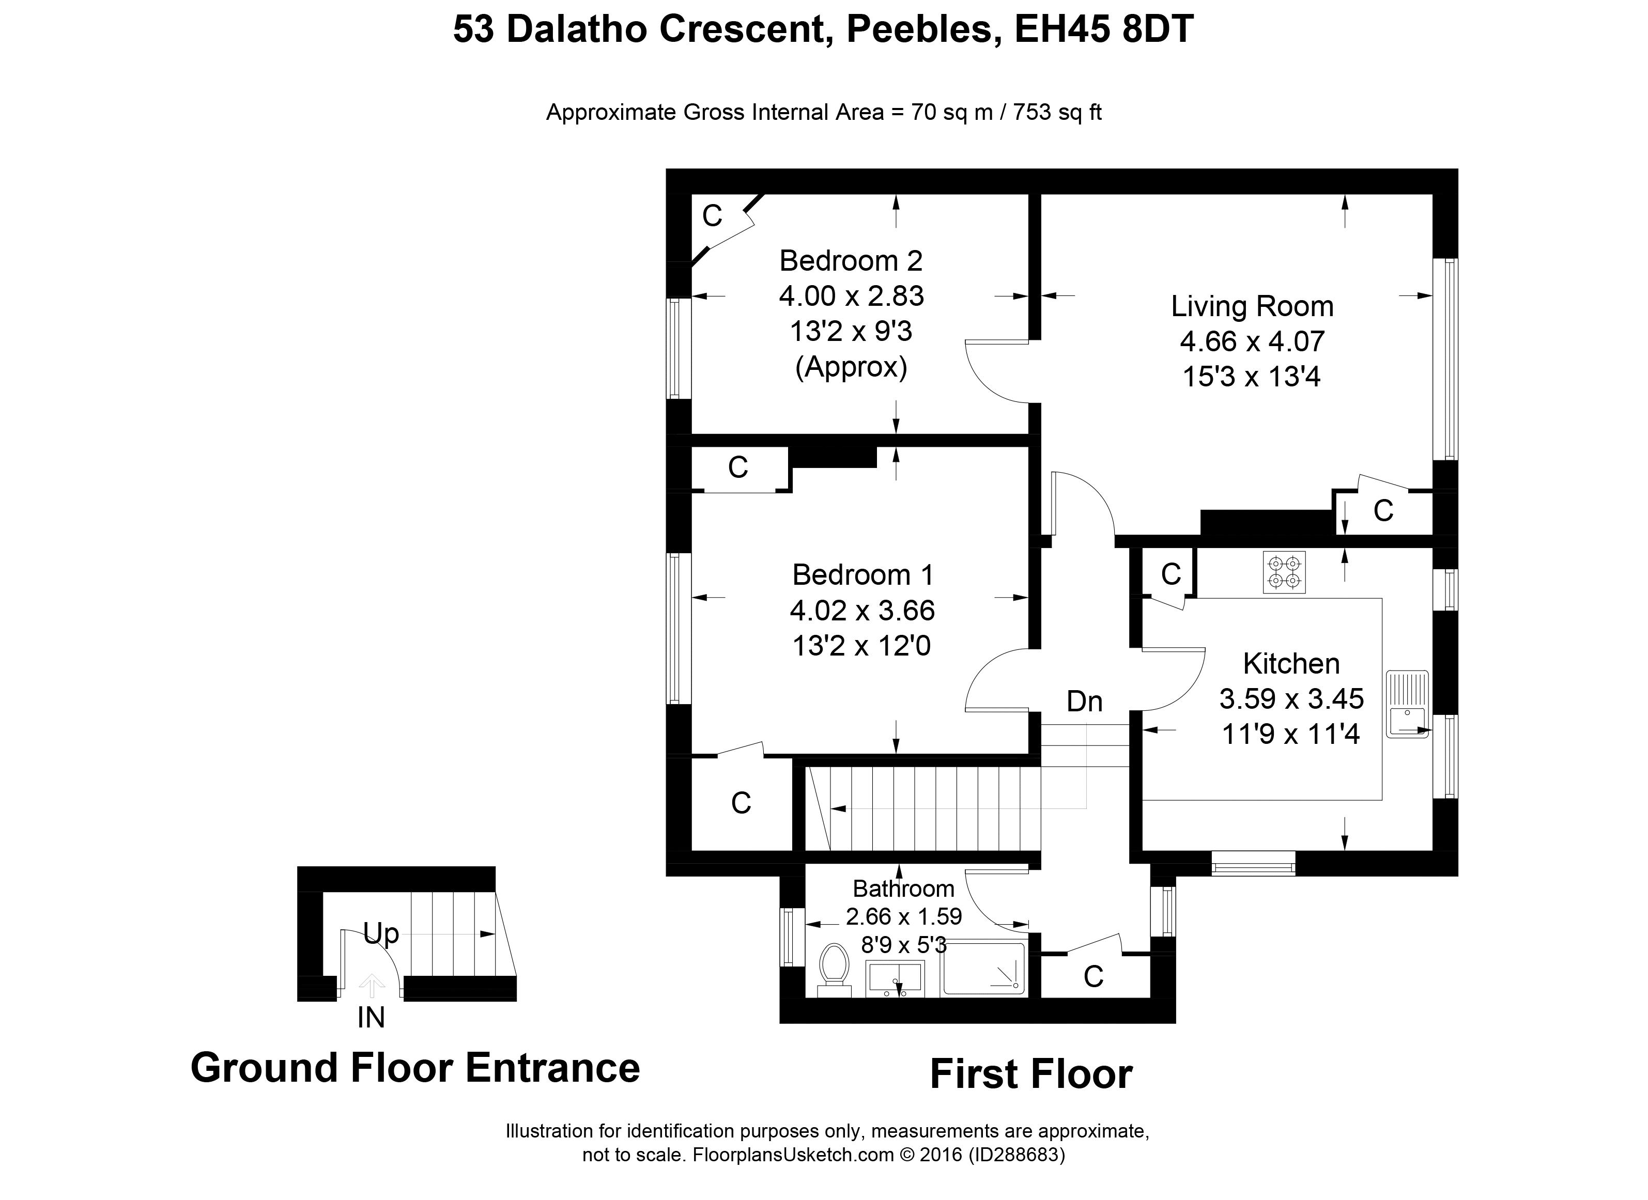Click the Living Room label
click(x=1252, y=306)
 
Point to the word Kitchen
click(x=1291, y=663)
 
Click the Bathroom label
click(x=903, y=889)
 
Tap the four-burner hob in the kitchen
click(x=1284, y=572)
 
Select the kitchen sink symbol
click(x=1407, y=704)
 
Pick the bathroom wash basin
click(x=895, y=978)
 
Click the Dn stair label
click(x=1084, y=702)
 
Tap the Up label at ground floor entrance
click(x=381, y=933)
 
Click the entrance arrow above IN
click(x=372, y=985)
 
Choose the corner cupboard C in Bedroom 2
click(x=712, y=216)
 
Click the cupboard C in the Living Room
click(x=1383, y=511)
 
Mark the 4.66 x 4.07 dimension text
click(x=1252, y=341)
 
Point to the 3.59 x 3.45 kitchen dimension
click(x=1291, y=699)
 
